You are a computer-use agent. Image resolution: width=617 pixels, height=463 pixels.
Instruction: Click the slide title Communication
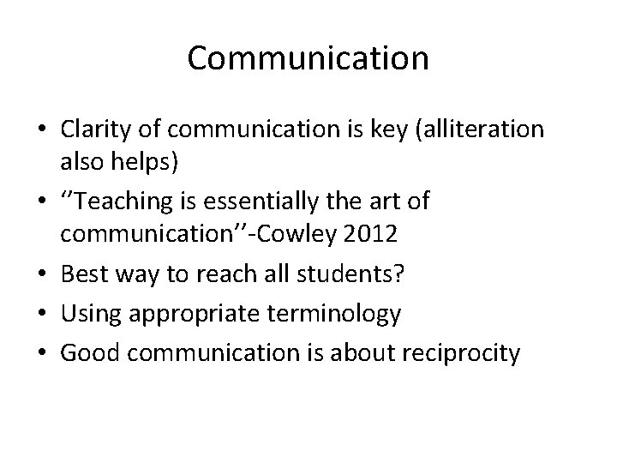pyautogui.click(x=308, y=58)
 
